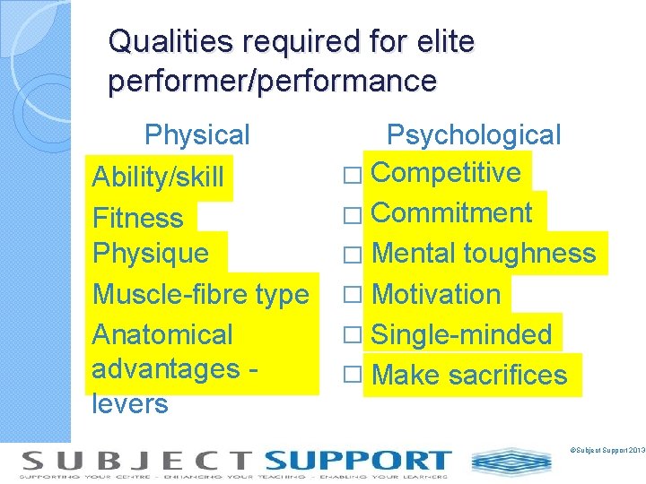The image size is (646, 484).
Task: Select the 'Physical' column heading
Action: click(197, 135)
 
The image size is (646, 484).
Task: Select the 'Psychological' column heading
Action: click(473, 135)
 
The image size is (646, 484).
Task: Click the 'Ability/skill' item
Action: click(158, 177)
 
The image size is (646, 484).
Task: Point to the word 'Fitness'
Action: click(138, 218)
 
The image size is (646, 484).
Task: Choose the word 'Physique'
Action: click(151, 254)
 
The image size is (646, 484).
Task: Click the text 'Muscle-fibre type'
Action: click(201, 294)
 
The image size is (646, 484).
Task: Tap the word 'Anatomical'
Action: click(162, 334)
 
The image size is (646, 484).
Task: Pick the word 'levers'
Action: click(130, 403)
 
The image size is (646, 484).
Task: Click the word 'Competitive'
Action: click(446, 172)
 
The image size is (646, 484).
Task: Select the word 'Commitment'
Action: click(452, 213)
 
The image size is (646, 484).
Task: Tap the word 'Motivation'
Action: click(436, 294)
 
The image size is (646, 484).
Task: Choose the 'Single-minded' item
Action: click(461, 334)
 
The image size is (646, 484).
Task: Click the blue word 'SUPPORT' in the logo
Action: click(357, 462)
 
